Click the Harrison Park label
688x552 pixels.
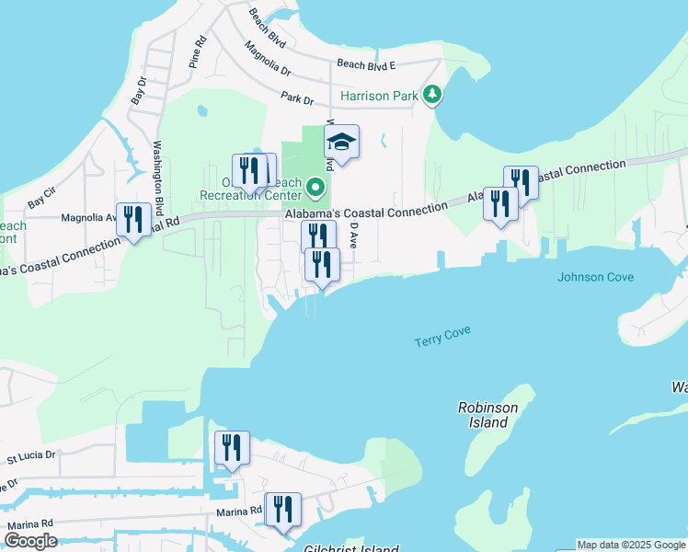pos(380,95)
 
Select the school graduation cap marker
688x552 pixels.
pos(341,143)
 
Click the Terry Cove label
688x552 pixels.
pos(442,339)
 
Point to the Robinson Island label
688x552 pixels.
pos(488,415)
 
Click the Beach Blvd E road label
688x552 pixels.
pos(365,64)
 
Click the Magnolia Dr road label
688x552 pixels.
pos(268,58)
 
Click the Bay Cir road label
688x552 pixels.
pos(42,196)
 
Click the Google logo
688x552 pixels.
pos(30,541)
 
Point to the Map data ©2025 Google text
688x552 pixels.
pos(631,545)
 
